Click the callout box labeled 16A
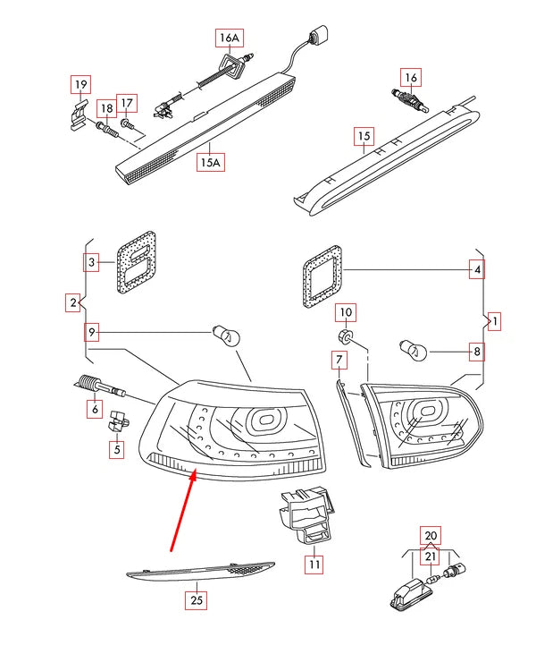[230, 38]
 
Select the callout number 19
[80, 85]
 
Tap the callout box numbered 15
[363, 137]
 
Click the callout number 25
[197, 600]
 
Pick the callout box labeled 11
[314, 564]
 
